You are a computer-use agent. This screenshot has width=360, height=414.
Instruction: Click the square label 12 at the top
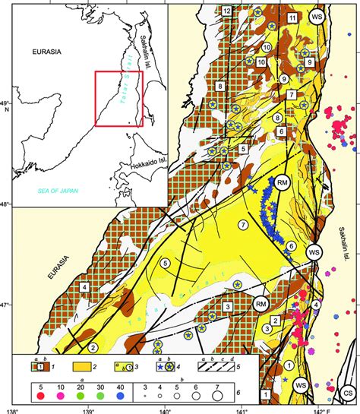227,11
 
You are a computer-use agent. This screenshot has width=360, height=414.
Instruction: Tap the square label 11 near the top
292,17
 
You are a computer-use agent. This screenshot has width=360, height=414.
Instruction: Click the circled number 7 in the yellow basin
243,225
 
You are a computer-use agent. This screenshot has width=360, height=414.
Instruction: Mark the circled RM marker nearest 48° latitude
282,183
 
